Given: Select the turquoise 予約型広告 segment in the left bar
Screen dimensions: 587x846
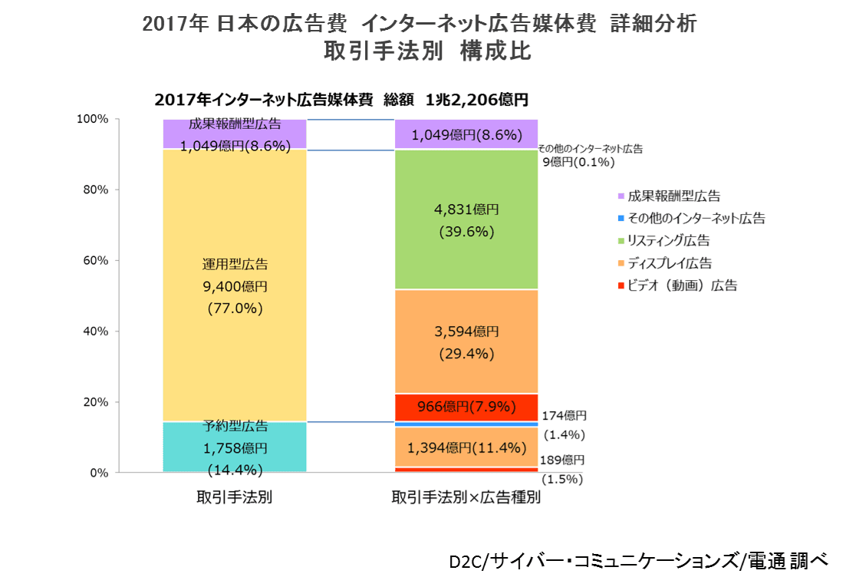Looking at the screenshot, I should [x=235, y=448].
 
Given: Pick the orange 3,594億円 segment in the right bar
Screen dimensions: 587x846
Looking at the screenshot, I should [x=466, y=341].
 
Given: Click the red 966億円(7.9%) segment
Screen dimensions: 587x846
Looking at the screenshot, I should [x=466, y=407].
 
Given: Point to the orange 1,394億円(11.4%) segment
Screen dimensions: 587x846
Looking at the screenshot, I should [x=466, y=447].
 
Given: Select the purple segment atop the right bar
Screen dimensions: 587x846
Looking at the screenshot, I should [x=466, y=135].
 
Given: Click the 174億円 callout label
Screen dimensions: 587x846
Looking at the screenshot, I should [x=565, y=416].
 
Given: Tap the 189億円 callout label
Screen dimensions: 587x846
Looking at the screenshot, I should [x=564, y=460].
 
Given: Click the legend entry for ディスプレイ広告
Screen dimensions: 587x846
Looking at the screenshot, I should [x=669, y=263].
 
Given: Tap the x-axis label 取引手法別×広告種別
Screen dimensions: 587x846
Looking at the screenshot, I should [x=466, y=497].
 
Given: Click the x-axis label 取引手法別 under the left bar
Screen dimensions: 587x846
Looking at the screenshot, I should [x=235, y=497].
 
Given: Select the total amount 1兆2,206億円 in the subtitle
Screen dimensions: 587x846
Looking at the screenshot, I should [x=476, y=100].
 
